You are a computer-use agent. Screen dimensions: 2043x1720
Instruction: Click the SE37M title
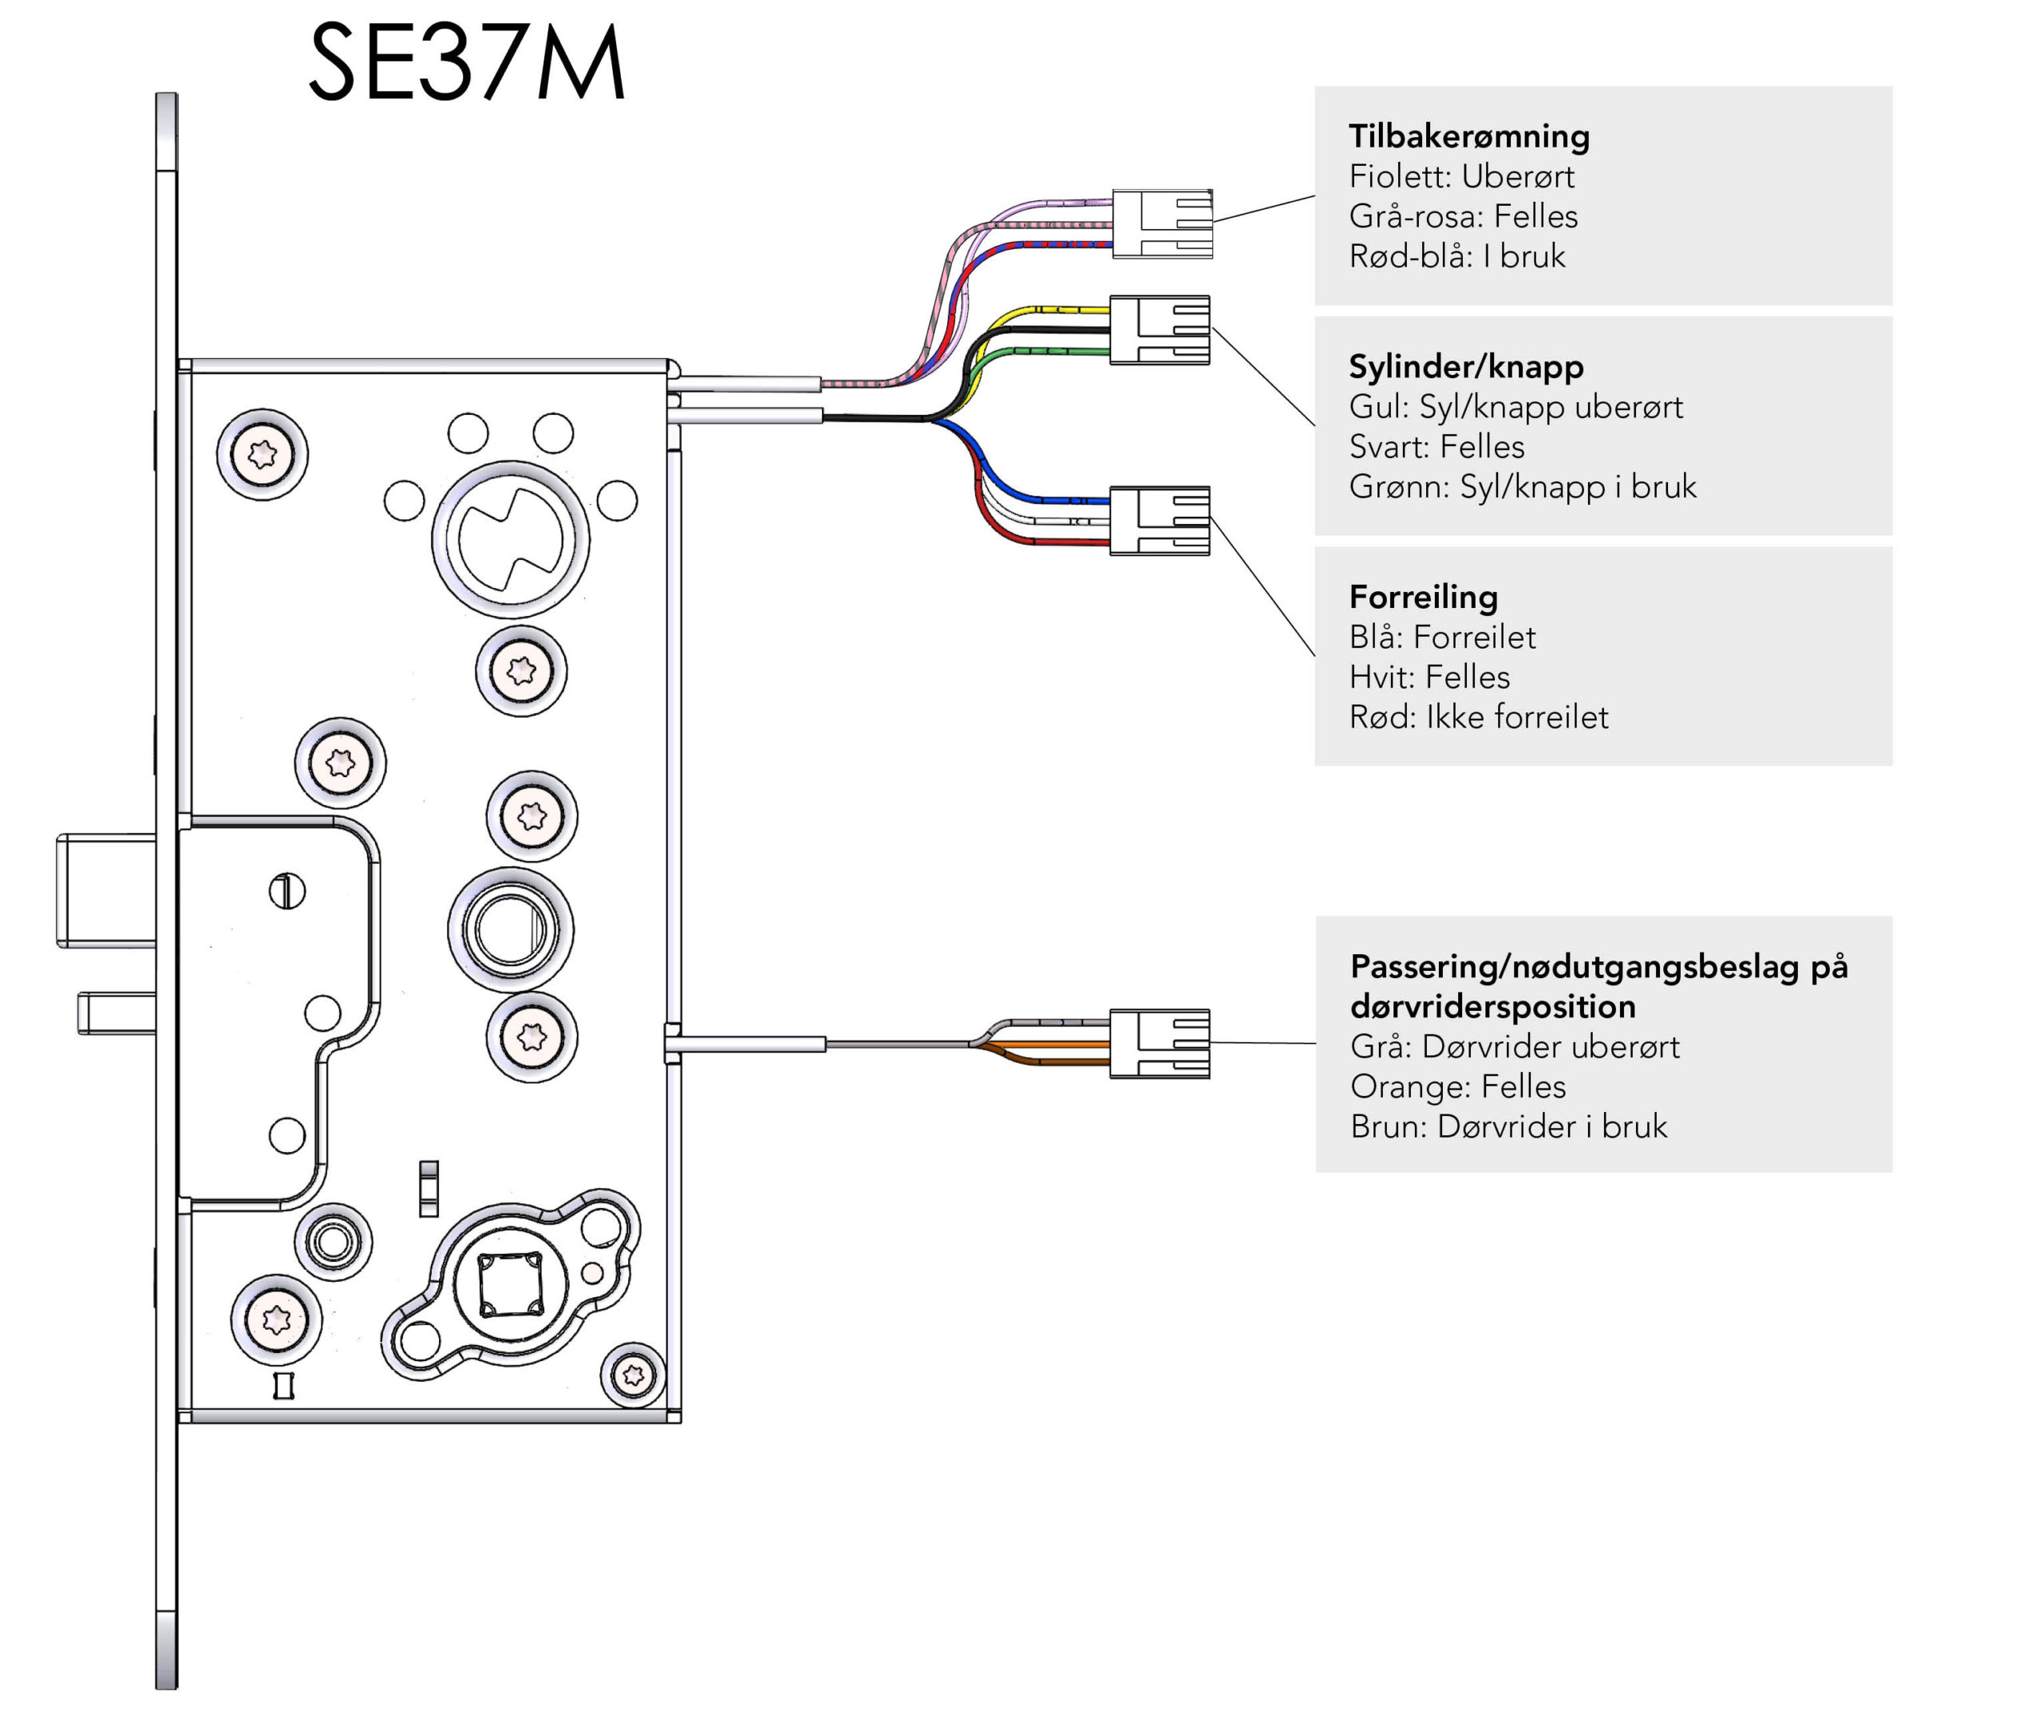tap(466, 62)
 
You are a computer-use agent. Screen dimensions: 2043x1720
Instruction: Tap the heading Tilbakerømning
tap(1468, 136)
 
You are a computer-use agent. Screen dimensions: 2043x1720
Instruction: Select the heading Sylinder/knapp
tap(1466, 367)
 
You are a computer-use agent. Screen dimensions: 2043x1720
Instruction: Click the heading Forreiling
tap(1423, 597)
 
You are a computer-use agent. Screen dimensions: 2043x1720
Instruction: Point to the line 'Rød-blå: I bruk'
tap(1457, 256)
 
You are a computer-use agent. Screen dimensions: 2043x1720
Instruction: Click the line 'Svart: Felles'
tap(1436, 447)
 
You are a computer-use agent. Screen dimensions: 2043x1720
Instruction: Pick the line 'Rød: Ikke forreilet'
tap(1478, 718)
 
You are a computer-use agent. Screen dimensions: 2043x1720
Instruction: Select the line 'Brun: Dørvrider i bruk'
tap(1508, 1127)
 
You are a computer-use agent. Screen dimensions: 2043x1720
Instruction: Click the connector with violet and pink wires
tap(1163, 224)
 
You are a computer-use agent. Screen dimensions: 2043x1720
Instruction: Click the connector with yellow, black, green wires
tap(1160, 330)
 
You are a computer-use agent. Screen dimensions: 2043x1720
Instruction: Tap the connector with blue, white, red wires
tap(1160, 522)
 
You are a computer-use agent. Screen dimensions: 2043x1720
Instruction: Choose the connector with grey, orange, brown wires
tap(1160, 1044)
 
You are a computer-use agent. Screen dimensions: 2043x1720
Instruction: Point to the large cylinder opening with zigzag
tap(510, 539)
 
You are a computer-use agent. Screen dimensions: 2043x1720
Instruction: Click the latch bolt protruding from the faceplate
tap(106, 890)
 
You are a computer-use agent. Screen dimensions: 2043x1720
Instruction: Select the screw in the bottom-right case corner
tap(634, 1375)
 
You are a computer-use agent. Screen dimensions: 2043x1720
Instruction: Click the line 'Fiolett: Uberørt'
tap(1460, 176)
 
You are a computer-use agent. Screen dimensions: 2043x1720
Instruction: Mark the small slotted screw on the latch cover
tap(286, 890)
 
